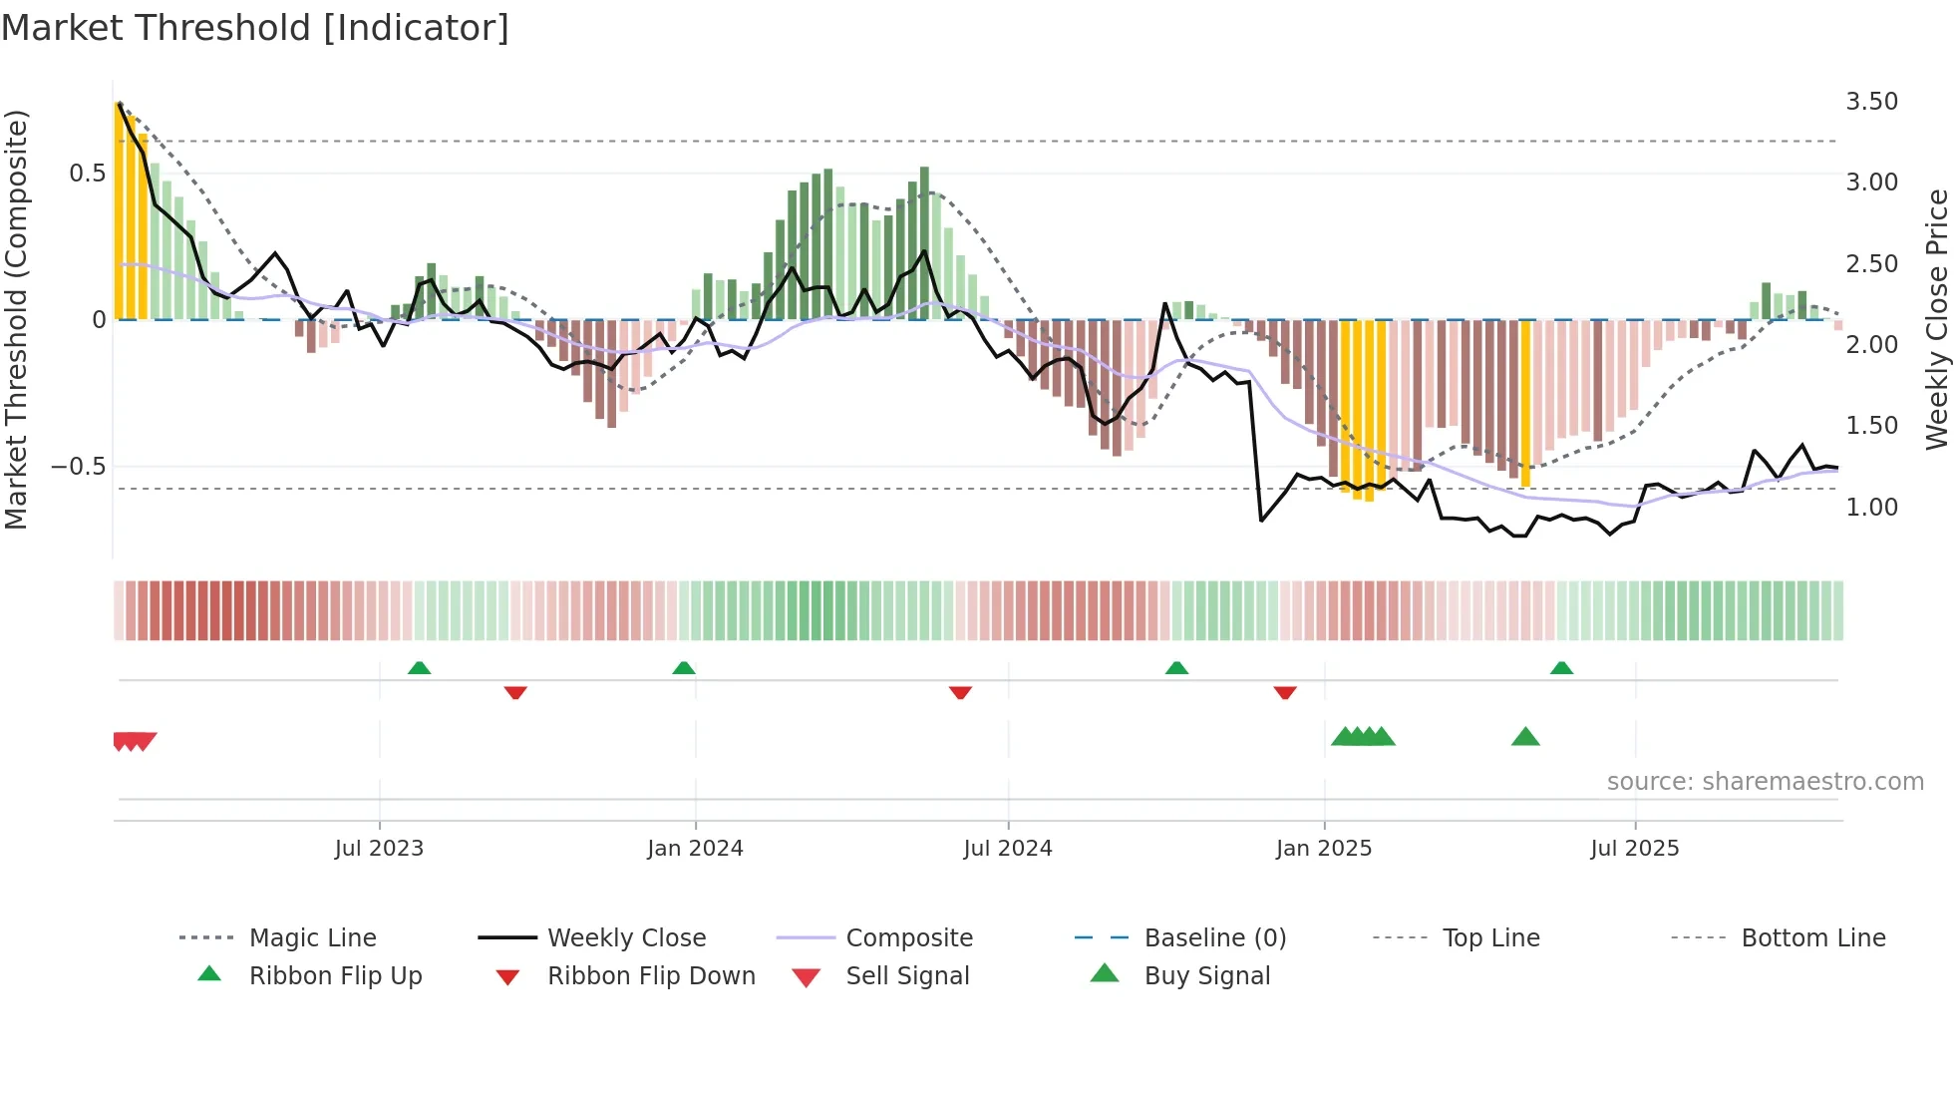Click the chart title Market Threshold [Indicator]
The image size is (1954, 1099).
pyautogui.click(x=255, y=28)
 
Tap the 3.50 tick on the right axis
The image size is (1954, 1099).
pyautogui.click(x=1871, y=102)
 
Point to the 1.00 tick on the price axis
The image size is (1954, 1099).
pyautogui.click(x=1871, y=508)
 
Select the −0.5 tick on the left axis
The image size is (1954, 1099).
pyautogui.click(x=78, y=467)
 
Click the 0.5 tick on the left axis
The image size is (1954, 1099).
pyautogui.click(x=87, y=174)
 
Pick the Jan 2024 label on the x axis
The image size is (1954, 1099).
pyautogui.click(x=695, y=849)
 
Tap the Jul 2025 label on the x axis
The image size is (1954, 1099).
pyautogui.click(x=1634, y=849)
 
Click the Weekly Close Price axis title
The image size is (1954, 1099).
pyautogui.click(x=1936, y=319)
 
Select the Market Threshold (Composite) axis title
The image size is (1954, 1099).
pyautogui.click(x=17, y=319)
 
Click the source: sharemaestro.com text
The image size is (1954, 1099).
pyautogui.click(x=1765, y=782)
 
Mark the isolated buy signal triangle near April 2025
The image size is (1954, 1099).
pyautogui.click(x=1525, y=738)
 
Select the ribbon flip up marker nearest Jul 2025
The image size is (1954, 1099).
pyautogui.click(x=1561, y=668)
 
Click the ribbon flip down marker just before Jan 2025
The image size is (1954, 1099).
pyautogui.click(x=1285, y=692)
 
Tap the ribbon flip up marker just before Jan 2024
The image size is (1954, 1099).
pyautogui.click(x=684, y=668)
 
